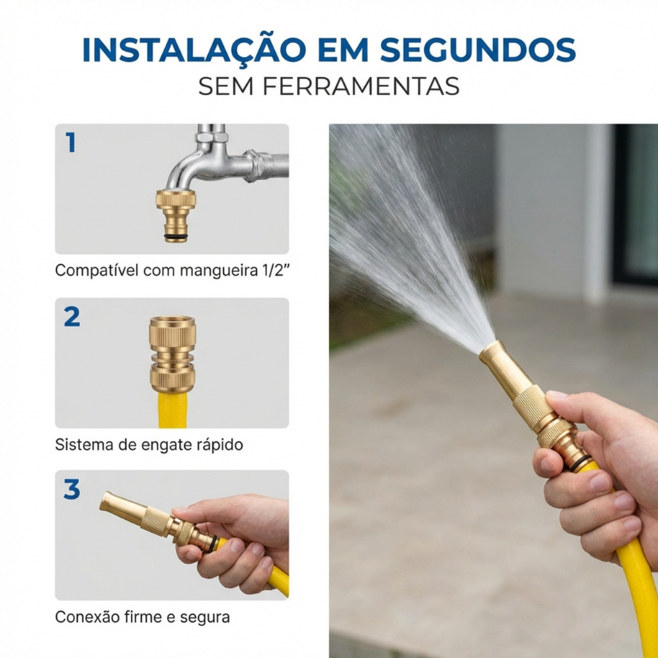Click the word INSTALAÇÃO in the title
click(194, 49)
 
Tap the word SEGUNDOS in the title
click(477, 50)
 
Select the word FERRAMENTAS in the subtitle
click(361, 87)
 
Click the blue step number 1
click(71, 142)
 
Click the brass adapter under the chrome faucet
click(176, 215)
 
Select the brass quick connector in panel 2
click(172, 354)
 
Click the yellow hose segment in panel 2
click(172, 410)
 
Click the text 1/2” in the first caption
click(276, 270)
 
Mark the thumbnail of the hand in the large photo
click(557, 396)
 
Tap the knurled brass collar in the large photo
click(529, 407)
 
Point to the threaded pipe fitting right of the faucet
click(258, 165)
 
